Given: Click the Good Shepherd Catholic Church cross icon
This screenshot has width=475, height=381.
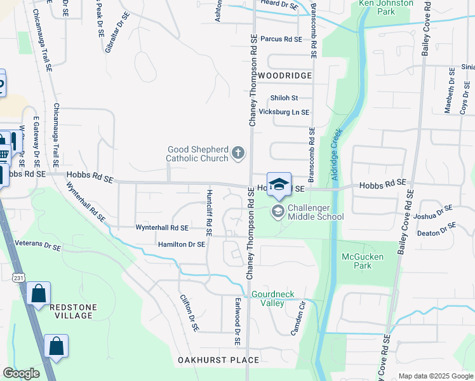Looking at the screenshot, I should [239, 152].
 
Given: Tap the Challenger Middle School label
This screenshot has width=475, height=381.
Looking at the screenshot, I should [316, 212].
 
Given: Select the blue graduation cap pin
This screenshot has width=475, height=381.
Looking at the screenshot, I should [279, 184].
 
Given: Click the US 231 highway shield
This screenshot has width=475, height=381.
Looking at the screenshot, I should [18, 277].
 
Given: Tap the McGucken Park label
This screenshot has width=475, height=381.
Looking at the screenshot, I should [356, 261].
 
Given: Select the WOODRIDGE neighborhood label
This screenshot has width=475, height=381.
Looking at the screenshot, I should [285, 76].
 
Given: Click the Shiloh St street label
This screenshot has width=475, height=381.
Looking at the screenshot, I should [284, 98].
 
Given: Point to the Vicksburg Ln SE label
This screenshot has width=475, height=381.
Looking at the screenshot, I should [289, 112].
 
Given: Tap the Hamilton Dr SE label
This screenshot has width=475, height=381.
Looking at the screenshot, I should [182, 244].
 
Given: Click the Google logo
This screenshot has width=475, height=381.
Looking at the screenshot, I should [21, 373].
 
